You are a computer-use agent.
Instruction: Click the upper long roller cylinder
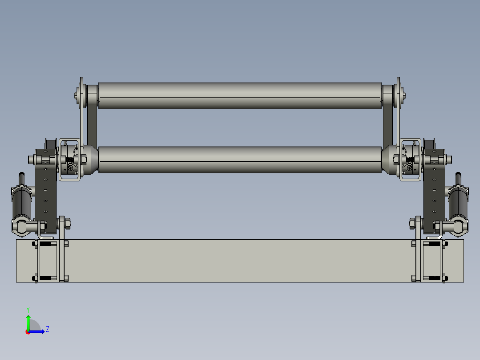pyautogui.click(x=240, y=95)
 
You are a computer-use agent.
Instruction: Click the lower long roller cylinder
pyautogui.click(x=240, y=160)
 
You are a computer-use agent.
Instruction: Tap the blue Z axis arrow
pyautogui.click(x=38, y=331)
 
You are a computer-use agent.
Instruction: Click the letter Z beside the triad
pyautogui.click(x=47, y=329)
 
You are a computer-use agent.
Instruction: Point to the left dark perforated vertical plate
pyautogui.click(x=46, y=196)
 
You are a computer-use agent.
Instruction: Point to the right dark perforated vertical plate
pyautogui.click(x=434, y=196)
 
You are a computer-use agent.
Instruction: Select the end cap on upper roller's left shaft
pyautogui.click(x=78, y=95)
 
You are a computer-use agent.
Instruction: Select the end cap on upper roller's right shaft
pyautogui.click(x=402, y=95)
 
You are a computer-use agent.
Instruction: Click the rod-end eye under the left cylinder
pyautogui.click(x=20, y=226)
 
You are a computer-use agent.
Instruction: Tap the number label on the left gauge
pyautogui.click(x=70, y=167)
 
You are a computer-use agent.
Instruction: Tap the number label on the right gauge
pyautogui.click(x=409, y=167)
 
